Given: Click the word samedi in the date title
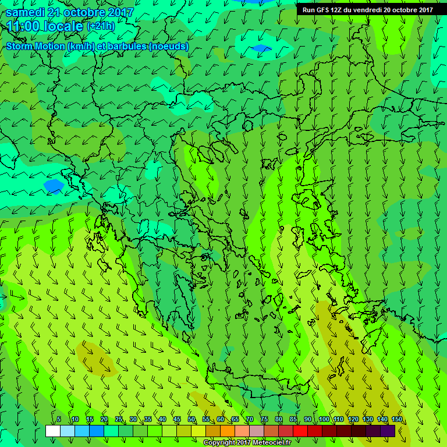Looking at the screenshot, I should point(26,12).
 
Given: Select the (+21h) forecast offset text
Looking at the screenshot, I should point(101,26).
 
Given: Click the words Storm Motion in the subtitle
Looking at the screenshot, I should point(35,46).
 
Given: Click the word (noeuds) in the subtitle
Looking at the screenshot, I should point(168,46).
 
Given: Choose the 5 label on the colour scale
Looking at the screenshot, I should point(59,420).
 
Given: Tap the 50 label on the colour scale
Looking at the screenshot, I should point(191,420).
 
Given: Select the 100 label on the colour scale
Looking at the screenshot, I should point(324,420).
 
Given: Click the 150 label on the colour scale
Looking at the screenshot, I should point(397,420).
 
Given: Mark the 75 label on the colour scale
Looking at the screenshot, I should point(264,420).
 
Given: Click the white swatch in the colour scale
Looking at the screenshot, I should point(53,431).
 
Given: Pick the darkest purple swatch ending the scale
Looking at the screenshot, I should point(388,431).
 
